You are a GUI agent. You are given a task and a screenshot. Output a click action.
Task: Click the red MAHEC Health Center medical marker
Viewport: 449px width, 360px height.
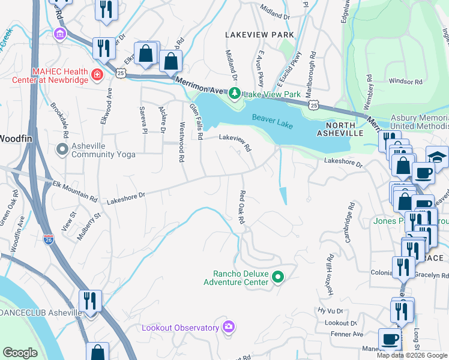pos(97,75)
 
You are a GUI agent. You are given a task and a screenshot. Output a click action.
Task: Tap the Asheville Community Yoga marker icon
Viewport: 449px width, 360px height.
pos(62,149)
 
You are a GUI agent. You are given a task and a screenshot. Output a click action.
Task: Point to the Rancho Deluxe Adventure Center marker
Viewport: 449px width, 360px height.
pos(277,277)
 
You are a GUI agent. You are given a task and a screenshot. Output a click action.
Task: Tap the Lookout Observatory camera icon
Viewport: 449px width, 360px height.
pos(228,327)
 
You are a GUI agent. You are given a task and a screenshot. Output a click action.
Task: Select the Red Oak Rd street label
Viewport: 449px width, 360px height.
pos(242,208)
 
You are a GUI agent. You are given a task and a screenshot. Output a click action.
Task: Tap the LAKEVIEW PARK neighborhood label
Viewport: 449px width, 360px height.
pos(259,35)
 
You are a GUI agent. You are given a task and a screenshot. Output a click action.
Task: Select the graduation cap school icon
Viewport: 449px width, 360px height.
pos(436,157)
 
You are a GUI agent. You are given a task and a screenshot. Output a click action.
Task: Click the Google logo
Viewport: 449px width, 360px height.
pos(20,353)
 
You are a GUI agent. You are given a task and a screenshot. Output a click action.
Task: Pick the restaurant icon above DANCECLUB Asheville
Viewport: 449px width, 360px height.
pos(90,299)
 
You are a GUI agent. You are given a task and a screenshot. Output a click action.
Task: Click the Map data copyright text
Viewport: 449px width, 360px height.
pos(412,355)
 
